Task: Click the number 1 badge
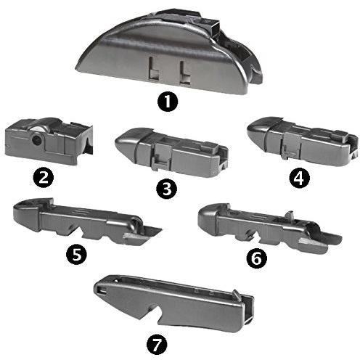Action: coord(168,102)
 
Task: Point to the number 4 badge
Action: coord(300,179)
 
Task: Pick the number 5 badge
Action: coord(76,255)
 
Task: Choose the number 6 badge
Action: coord(257,258)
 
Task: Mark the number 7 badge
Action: coord(157,344)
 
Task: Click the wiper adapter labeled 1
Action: coord(169,52)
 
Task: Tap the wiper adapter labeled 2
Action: coord(49,141)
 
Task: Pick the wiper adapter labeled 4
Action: coord(303,142)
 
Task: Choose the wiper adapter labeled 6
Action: coord(269,227)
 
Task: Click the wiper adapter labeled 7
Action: coord(174,303)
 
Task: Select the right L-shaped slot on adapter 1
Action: coord(185,73)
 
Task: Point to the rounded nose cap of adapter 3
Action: coord(126,143)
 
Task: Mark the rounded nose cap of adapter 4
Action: coord(258,130)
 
